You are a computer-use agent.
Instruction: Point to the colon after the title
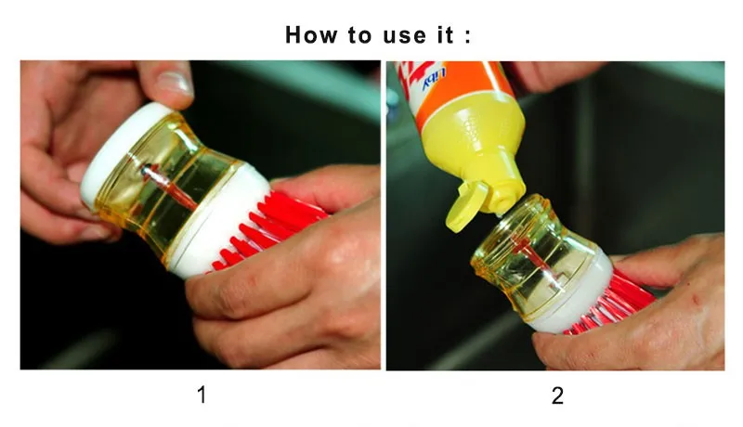(x=468, y=36)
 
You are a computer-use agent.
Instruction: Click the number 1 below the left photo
(x=202, y=395)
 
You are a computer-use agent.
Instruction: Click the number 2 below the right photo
(x=558, y=395)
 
